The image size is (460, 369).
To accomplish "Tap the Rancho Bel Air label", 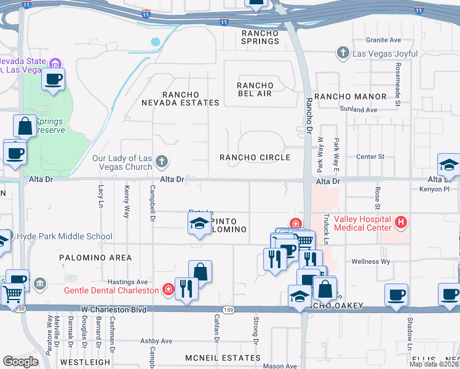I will pos(255,89).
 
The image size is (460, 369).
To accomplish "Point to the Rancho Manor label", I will pos(350,97).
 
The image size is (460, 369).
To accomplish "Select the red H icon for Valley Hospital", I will pos(400,221).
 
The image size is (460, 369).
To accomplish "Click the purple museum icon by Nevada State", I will pos(55,63).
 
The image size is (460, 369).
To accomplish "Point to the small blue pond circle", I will pos(155,42).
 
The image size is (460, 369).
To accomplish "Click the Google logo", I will pos(20,362).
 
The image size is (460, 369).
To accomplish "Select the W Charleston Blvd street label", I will pos(114,309).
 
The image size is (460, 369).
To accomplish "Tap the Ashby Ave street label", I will pos(156,341).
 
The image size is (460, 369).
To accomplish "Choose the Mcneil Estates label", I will pos(215,357).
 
